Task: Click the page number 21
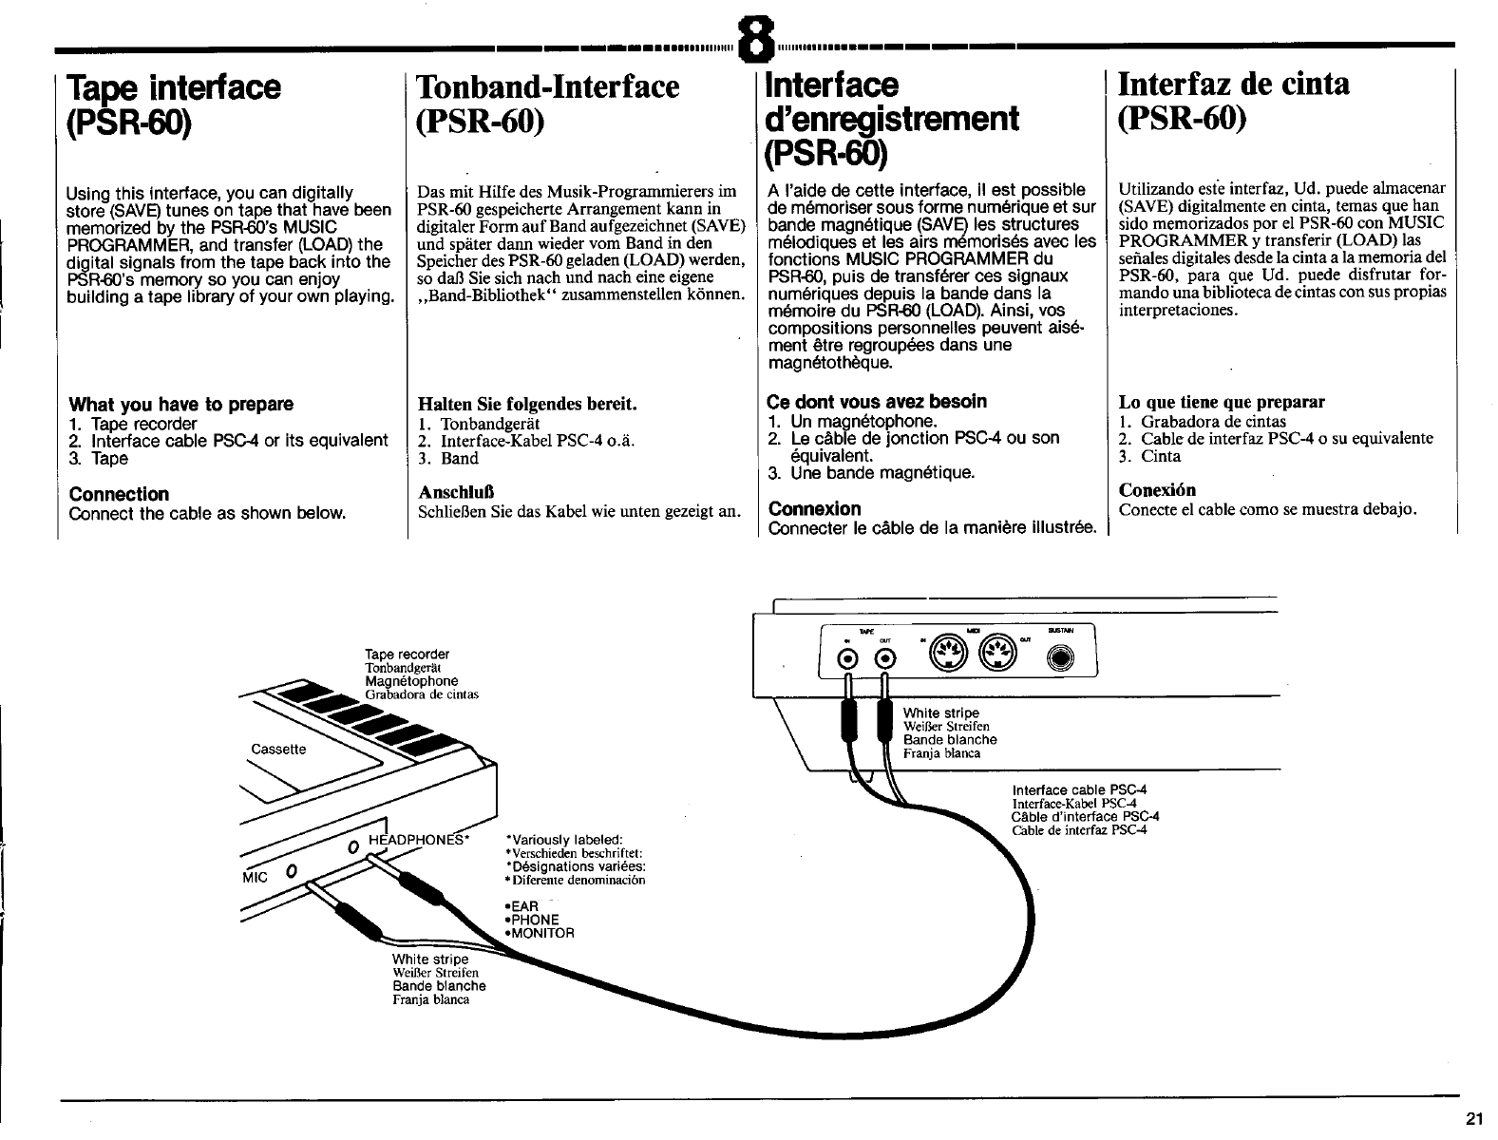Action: [x=1474, y=1116]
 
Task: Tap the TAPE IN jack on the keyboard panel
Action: [x=844, y=661]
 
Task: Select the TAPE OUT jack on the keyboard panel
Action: [x=884, y=661]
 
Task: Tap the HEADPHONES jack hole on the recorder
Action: [x=352, y=845]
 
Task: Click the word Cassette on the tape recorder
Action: [x=278, y=749]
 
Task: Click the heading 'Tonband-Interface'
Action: [x=548, y=86]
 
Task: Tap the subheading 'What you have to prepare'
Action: [x=181, y=404]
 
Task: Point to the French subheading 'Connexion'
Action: [x=814, y=508]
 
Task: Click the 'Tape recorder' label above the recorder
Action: [x=407, y=654]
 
